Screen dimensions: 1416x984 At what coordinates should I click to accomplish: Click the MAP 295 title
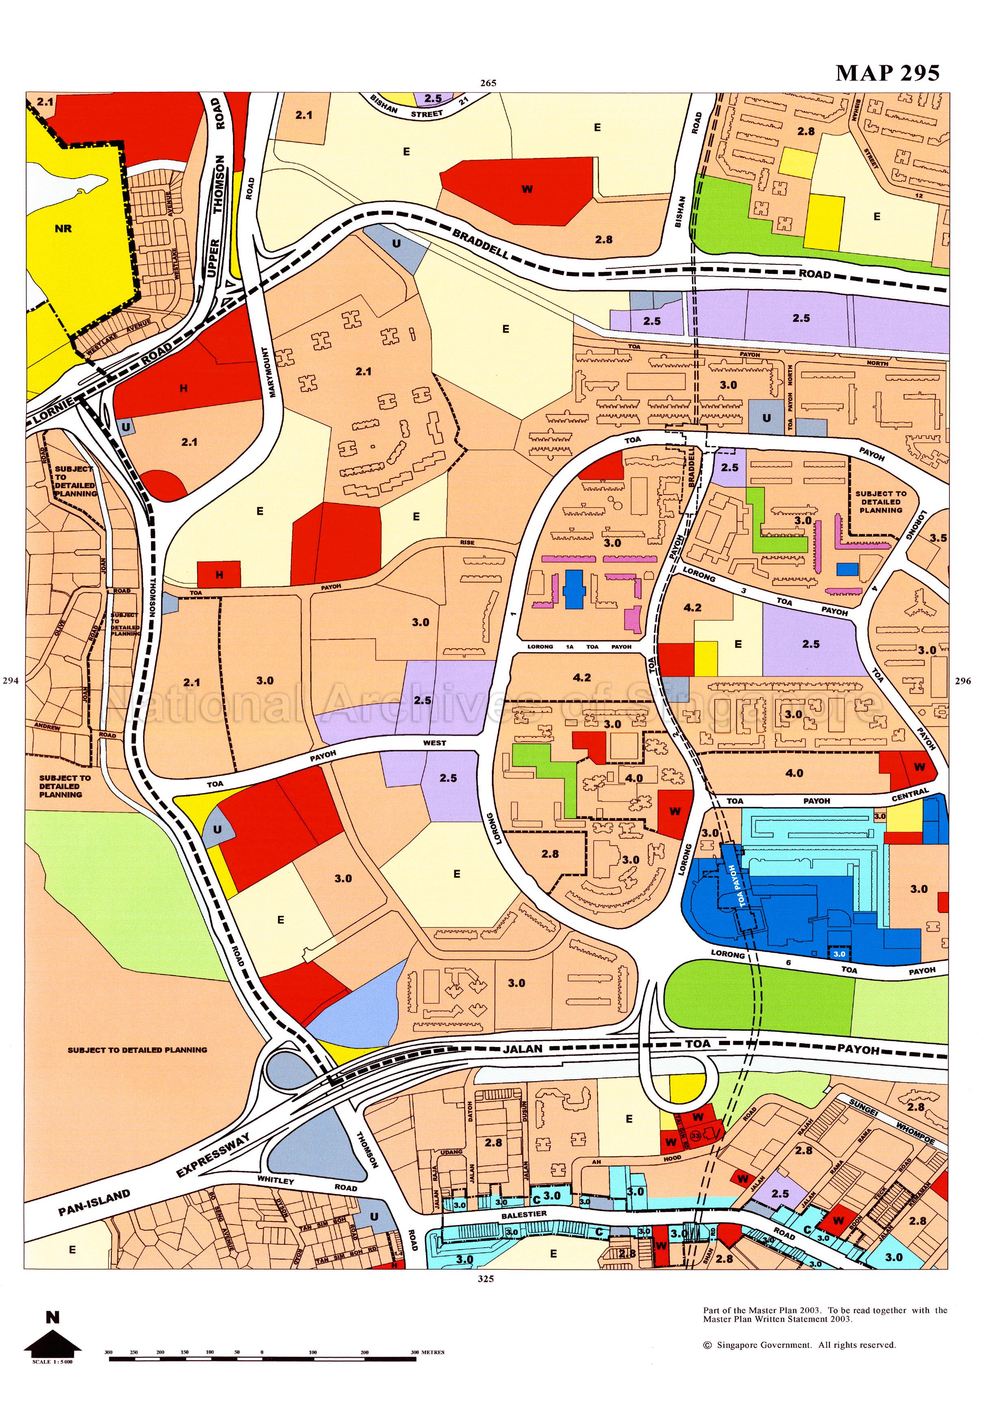(887, 73)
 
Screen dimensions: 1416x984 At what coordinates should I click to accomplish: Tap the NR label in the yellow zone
(63, 229)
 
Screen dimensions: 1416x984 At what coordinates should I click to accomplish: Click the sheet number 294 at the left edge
(11, 681)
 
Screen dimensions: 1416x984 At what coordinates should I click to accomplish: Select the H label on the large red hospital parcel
(183, 389)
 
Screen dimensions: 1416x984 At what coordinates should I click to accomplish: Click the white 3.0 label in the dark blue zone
(840, 953)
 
